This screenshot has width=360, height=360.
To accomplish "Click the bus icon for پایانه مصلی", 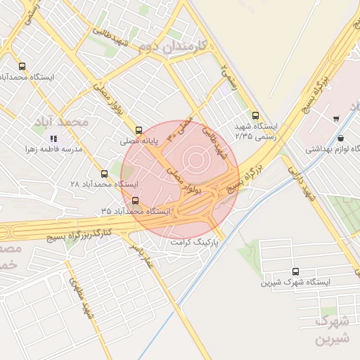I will (139, 130).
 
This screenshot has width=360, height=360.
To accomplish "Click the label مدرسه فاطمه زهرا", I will (53, 149).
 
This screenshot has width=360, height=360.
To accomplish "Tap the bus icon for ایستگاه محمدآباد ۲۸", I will (104, 173).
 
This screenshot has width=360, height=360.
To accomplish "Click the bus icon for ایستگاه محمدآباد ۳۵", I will (135, 200).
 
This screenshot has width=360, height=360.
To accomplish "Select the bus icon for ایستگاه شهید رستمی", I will (255, 116).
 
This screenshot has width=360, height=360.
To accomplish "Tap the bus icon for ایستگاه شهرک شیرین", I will (295, 271).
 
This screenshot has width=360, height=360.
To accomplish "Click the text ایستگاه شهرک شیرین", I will (295, 282).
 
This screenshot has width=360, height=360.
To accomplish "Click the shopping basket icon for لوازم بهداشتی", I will (341, 138).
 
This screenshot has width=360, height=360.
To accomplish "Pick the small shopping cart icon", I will (337, 117).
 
